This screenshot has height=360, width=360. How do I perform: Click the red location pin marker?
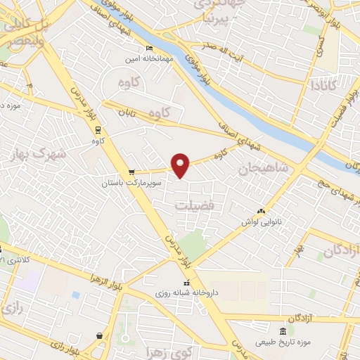[181, 165]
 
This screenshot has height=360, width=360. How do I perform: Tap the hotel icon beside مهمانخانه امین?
[148, 48]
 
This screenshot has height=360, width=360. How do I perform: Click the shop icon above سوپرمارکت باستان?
[131, 172]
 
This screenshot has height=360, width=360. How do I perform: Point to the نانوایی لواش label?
[262, 222]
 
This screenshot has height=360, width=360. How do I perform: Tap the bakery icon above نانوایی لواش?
[262, 211]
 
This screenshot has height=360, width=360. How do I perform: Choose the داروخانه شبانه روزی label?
[187, 292]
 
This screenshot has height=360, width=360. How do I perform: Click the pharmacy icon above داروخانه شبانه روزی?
[186, 283]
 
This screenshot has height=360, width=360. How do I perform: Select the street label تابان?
[126, 112]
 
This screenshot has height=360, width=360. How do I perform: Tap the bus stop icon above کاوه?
[96, 129]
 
